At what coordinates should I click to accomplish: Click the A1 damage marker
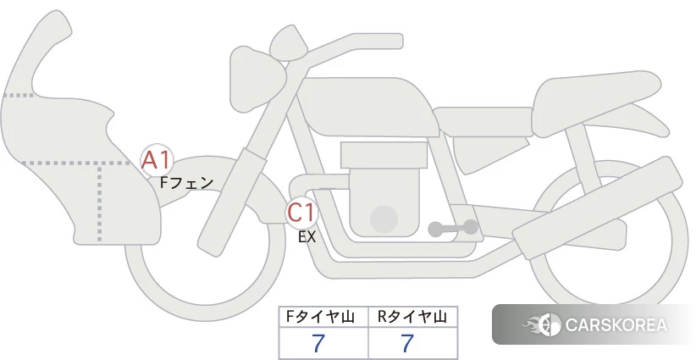[157, 160]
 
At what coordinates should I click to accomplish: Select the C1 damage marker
[301, 212]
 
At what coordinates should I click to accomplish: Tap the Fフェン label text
[186, 182]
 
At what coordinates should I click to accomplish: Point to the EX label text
[307, 237]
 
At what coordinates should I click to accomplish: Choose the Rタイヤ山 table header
[412, 317]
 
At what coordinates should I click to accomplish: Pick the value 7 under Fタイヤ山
[318, 343]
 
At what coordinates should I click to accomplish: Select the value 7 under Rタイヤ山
[407, 343]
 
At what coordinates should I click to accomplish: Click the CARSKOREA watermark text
[616, 325]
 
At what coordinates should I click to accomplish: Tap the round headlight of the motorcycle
[256, 80]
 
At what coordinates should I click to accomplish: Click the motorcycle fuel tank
[364, 108]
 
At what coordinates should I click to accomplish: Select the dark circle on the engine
[384, 219]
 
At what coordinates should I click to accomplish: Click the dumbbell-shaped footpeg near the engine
[453, 228]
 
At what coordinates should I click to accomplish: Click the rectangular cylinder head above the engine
[384, 155]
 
